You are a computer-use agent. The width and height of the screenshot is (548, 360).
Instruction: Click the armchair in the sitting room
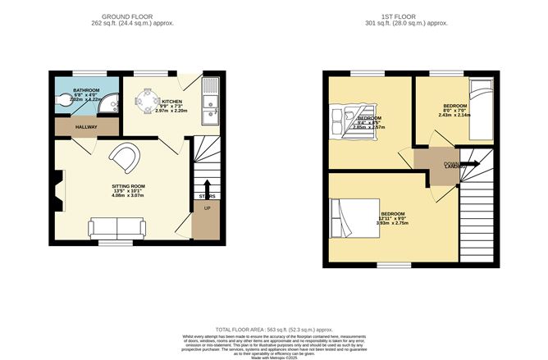126,157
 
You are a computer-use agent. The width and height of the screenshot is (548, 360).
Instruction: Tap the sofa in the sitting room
116,226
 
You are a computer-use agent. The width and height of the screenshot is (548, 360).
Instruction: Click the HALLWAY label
86,127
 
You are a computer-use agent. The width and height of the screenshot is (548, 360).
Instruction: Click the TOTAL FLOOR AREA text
273,328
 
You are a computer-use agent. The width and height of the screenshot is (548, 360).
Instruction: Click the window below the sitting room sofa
116,243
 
